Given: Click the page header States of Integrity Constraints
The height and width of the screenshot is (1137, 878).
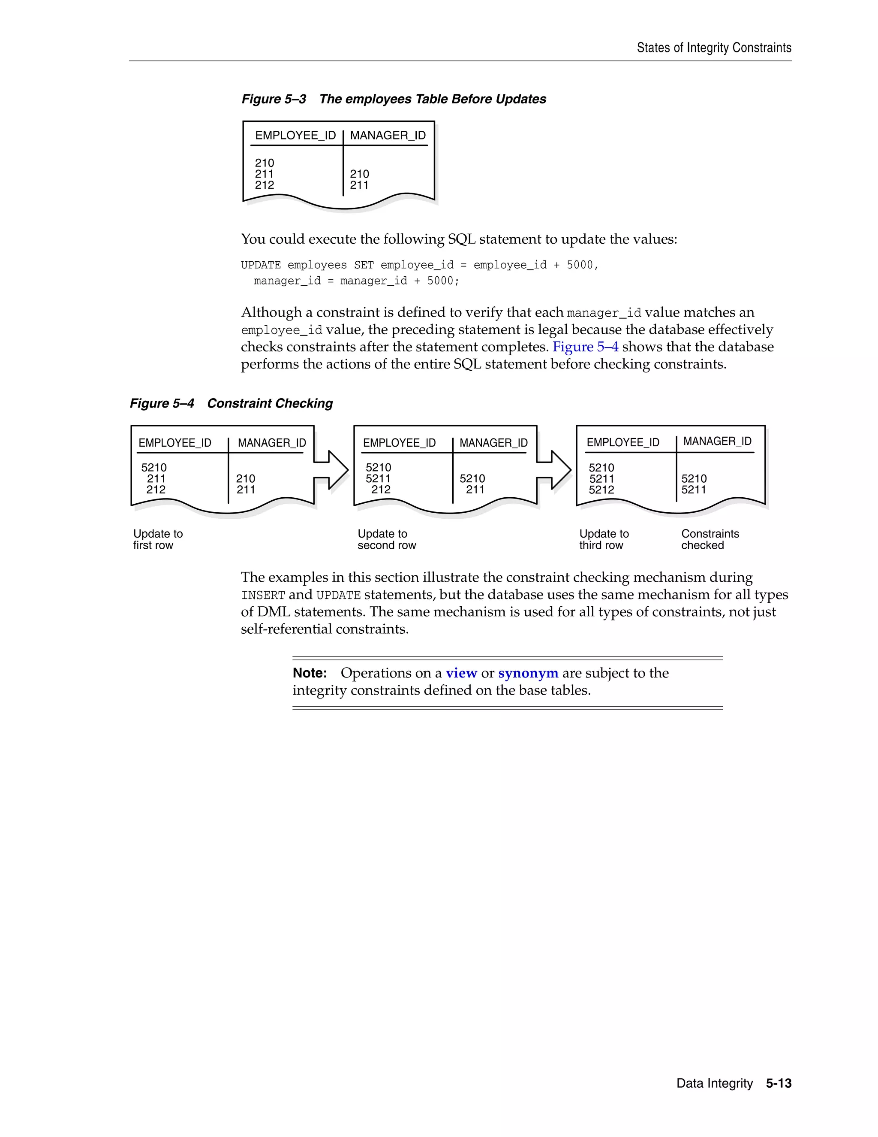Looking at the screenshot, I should tap(714, 48).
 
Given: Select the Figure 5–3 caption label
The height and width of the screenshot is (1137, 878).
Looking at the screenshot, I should tap(274, 99).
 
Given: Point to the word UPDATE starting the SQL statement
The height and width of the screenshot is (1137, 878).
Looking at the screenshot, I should tap(261, 265).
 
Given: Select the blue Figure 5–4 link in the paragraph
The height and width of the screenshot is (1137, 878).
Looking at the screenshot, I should tap(585, 347).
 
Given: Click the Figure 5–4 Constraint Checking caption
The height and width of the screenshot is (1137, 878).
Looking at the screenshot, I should tap(232, 403).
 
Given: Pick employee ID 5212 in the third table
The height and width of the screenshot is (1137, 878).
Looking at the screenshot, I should tap(601, 490).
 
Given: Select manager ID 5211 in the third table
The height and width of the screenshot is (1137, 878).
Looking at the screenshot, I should tap(694, 490).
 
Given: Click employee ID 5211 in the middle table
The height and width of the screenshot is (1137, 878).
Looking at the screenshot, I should tap(378, 478).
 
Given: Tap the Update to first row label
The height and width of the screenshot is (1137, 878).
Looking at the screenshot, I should tap(158, 539).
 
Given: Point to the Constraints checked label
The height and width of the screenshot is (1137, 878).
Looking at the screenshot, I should tap(710, 539).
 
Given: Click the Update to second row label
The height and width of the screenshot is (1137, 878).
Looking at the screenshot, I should tap(386, 539).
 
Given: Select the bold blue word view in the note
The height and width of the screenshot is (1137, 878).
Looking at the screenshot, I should tap(461, 673).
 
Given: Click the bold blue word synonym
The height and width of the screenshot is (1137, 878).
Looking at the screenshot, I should tap(528, 673).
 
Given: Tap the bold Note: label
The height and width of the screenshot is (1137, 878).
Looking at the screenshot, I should tap(310, 673).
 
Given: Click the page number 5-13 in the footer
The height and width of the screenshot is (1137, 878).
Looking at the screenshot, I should tap(778, 1083).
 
